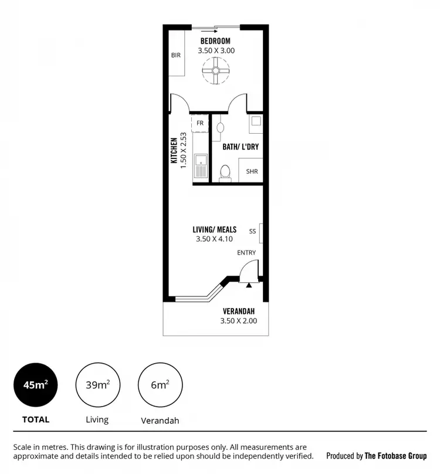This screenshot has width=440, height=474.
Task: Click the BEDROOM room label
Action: point(215,41)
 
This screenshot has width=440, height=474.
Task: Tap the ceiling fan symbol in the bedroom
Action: point(215,71)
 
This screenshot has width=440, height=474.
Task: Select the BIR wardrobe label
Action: point(176,55)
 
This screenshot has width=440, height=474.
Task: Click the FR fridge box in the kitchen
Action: point(200,123)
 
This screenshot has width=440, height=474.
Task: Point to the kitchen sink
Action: point(201,165)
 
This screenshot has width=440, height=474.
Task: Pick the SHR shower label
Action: point(252,172)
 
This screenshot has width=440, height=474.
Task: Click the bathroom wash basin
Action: point(220,126)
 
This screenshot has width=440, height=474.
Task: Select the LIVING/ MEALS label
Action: point(214,229)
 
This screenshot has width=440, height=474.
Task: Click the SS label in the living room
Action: point(252,231)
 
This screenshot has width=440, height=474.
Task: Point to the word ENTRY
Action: point(246,253)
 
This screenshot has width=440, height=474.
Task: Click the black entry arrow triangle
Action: point(249,285)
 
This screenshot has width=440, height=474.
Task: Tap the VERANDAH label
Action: point(239,311)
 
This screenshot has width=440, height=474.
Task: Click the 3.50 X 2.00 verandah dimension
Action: point(238,321)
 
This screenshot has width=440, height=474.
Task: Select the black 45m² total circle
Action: point(36,385)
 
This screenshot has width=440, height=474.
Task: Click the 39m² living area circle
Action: point(97,385)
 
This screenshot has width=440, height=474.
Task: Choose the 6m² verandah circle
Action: point(160,385)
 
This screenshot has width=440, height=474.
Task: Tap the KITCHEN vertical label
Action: point(174,151)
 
